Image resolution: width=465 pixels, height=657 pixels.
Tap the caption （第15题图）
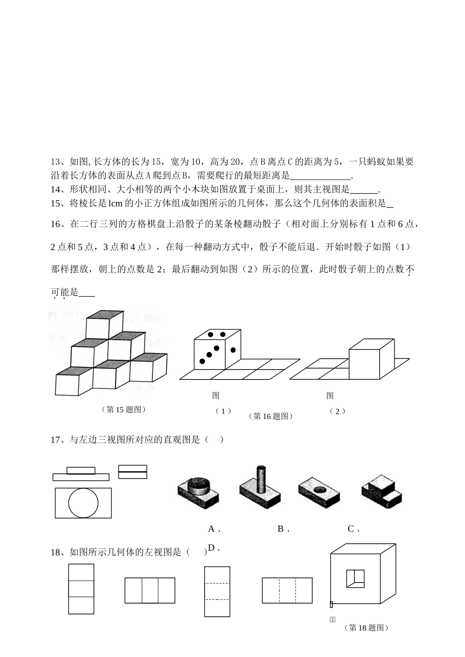pyautogui.click(x=124, y=409)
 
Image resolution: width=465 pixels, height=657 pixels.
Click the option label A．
pyautogui.click(x=214, y=529)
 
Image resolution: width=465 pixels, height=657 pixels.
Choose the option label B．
pyautogui.click(x=283, y=529)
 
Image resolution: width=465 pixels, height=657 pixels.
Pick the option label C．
pyautogui.click(x=353, y=529)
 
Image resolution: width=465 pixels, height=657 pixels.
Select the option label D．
pyautogui.click(x=213, y=548)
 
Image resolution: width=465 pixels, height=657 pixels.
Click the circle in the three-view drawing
pyautogui.click(x=84, y=503)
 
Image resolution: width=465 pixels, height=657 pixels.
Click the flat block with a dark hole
pyautogui.click(x=320, y=491)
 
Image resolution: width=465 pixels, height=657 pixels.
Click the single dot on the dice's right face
pyautogui.click(x=233, y=350)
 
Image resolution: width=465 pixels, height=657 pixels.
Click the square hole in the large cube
pyautogui.click(x=355, y=578)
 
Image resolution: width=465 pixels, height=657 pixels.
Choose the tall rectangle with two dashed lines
pyautogui.click(x=217, y=591)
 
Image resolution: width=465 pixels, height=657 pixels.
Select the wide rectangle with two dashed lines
pyautogui.click(x=287, y=590)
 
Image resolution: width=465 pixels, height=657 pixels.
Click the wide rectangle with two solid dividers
pyautogui.click(x=150, y=590)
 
